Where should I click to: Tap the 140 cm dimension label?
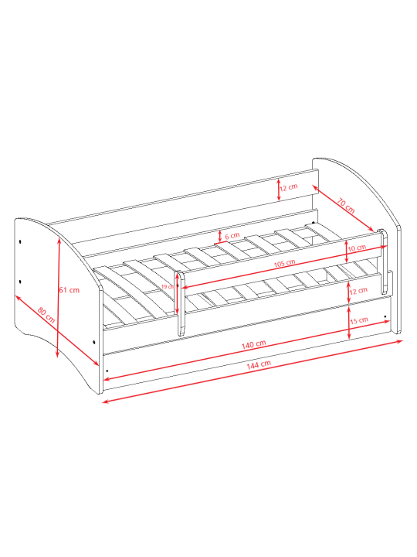(x=253, y=344)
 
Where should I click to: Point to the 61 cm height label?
(x=69, y=290)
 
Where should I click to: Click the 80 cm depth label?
(x=46, y=315)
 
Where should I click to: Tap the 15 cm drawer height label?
(x=359, y=320)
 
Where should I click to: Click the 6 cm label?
(x=232, y=236)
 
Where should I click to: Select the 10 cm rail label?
(x=357, y=248)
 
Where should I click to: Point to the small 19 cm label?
(x=168, y=287)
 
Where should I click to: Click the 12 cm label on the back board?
(x=289, y=187)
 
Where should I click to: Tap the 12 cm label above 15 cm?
(x=358, y=291)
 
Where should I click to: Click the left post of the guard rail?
(x=181, y=303)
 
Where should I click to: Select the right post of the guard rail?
(x=383, y=261)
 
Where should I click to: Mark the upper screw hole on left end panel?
(x=20, y=241)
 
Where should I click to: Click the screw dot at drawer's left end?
(x=107, y=371)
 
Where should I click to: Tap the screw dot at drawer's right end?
(x=385, y=316)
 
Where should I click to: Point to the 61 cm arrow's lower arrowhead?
(x=57, y=354)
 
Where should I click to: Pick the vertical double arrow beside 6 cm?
(x=220, y=236)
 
